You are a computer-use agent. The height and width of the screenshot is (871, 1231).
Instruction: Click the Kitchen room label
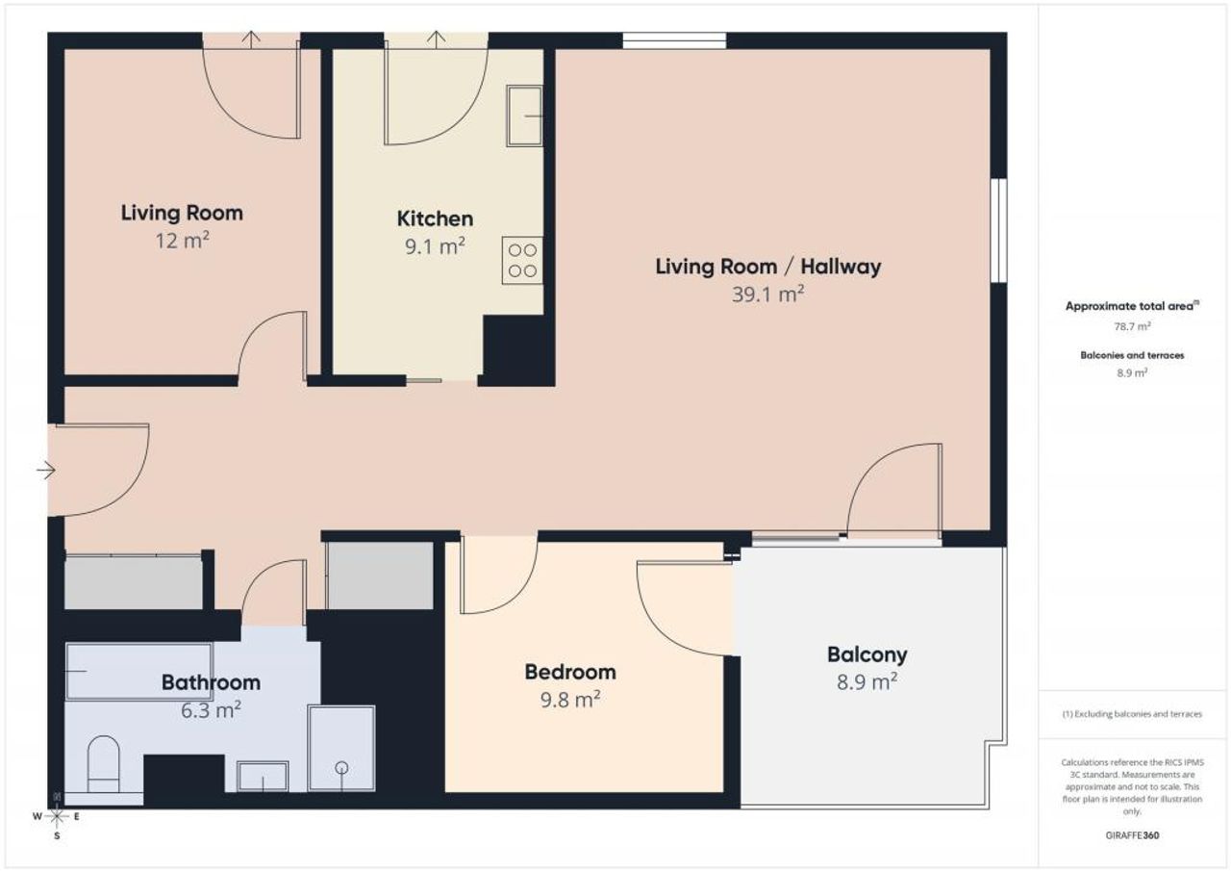coord(435,218)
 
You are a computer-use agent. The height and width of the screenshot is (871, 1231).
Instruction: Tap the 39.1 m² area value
coord(767,295)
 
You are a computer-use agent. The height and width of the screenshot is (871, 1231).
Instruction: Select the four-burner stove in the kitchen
coord(522,260)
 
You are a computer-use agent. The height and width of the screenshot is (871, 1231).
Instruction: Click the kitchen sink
coord(524,115)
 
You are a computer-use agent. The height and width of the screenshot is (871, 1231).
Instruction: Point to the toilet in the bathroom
coord(103,764)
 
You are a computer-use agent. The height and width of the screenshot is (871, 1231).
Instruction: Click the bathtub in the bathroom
coord(138,672)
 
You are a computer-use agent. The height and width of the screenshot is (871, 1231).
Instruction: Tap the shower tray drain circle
coord(341,768)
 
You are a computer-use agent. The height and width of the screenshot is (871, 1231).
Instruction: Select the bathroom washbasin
coord(263,777)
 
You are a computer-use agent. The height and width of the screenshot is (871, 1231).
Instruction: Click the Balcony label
coord(867,654)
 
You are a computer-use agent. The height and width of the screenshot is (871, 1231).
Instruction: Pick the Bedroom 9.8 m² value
coord(570,700)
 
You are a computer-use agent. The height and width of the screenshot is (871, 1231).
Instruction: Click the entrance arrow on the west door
coord(46,470)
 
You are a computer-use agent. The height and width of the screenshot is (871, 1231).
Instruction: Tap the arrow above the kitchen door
coord(436,39)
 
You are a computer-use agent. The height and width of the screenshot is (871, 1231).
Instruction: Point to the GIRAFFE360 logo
coord(1132,835)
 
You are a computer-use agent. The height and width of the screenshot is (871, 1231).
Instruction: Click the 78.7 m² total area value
coord(1132,326)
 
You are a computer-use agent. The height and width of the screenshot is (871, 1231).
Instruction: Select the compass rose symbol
coord(57,817)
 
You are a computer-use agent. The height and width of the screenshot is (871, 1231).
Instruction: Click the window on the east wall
coord(999,230)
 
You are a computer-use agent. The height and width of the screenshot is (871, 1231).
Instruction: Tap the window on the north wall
coord(674,40)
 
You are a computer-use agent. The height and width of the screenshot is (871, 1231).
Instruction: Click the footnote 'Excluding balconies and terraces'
coord(1132,714)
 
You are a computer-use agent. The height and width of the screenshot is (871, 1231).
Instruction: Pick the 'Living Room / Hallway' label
coord(767,267)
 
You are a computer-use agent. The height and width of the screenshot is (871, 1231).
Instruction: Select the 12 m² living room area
coord(182,241)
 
